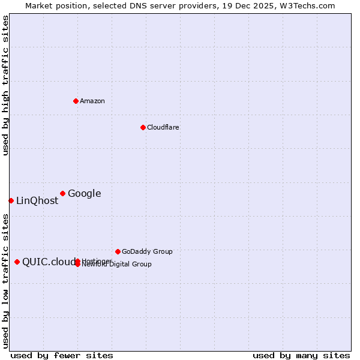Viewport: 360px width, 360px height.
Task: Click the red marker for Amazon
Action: [x=76, y=101]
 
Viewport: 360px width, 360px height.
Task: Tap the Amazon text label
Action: [x=92, y=101]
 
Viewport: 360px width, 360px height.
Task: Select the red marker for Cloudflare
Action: [x=143, y=127]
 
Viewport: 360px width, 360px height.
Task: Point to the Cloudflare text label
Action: [x=163, y=127]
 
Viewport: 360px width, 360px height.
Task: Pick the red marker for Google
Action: [x=62, y=193]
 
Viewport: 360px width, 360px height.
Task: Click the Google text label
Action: [x=85, y=193]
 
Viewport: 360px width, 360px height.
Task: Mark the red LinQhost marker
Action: [x=11, y=200]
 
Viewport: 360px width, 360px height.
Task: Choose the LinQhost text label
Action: [x=37, y=201]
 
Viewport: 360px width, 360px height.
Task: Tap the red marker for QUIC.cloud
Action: [x=17, y=262]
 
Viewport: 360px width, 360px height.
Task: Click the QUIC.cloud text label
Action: [x=49, y=262]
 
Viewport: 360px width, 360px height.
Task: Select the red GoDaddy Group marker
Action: [x=118, y=251]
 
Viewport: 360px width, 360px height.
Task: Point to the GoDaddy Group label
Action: [x=147, y=251]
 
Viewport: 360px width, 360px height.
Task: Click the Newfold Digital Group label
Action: [x=118, y=265]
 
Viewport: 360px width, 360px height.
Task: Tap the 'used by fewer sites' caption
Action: [x=62, y=355]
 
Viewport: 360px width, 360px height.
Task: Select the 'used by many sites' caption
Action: [x=301, y=355]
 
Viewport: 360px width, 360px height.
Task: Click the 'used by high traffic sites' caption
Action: [x=5, y=85]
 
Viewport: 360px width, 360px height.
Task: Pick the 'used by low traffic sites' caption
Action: [x=5, y=281]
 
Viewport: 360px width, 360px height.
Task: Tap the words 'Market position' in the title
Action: [x=52, y=5]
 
